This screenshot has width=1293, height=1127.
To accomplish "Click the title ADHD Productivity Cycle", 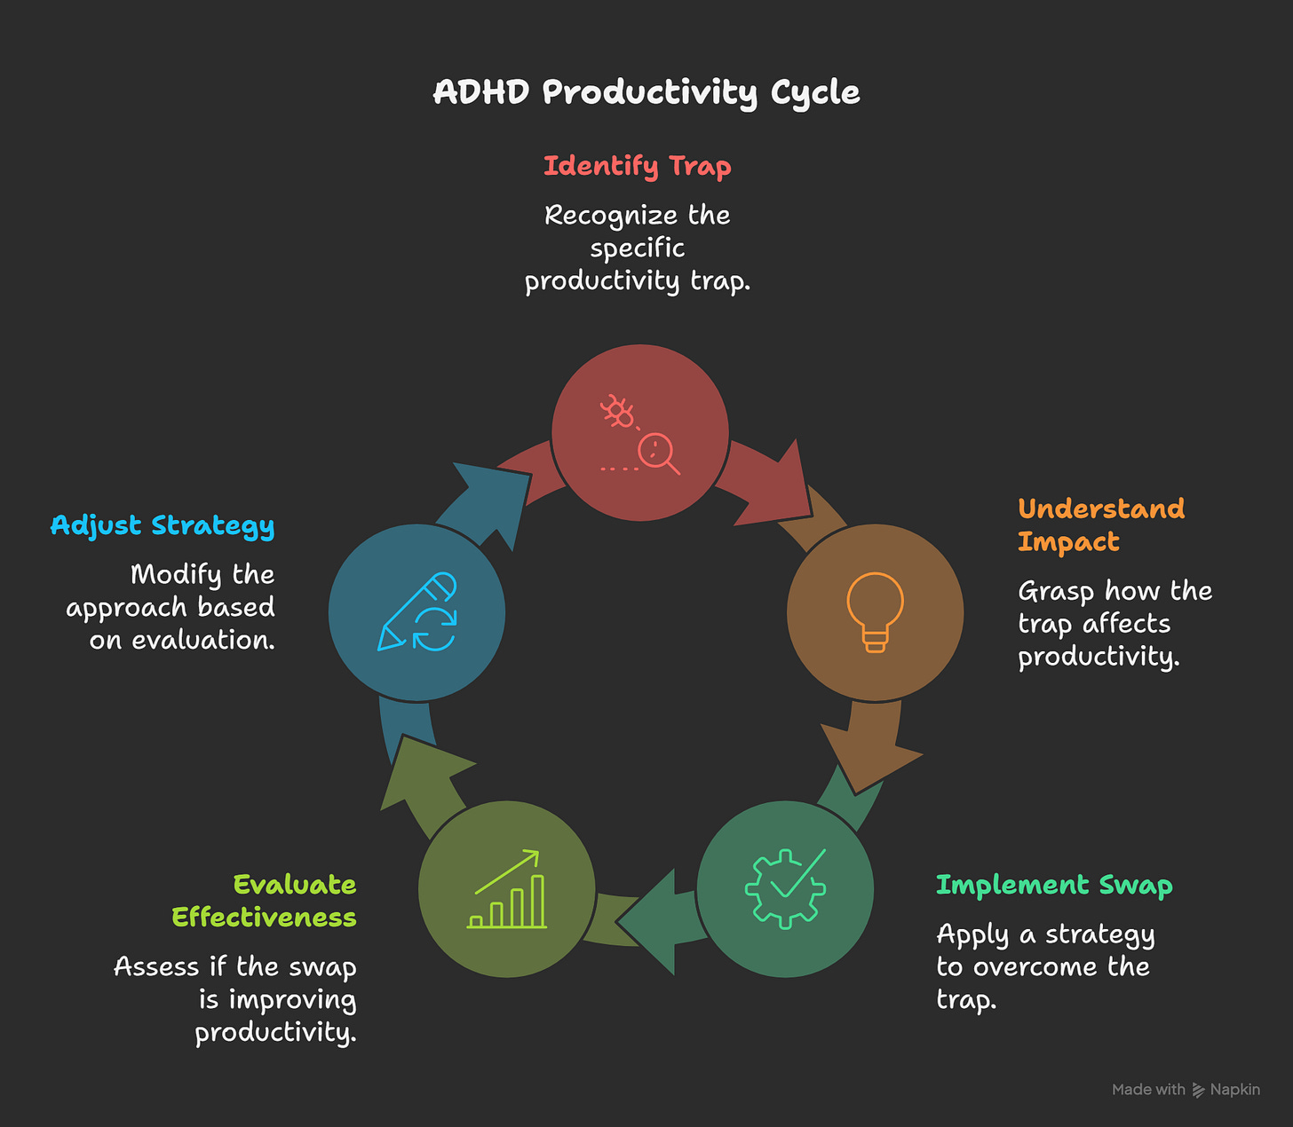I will click(x=646, y=92).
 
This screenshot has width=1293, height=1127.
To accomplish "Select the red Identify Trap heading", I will click(x=637, y=166).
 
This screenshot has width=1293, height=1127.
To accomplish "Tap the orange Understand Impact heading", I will click(x=1100, y=524).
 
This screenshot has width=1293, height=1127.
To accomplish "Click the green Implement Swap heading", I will click(x=1054, y=885).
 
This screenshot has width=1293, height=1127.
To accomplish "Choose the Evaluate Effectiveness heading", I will click(x=264, y=901).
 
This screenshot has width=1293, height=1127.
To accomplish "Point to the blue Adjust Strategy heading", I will click(x=163, y=525).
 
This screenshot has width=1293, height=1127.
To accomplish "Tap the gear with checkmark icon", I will click(x=786, y=888).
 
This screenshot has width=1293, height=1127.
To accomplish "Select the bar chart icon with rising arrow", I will click(x=507, y=889).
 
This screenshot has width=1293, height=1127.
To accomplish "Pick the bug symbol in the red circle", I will click(x=617, y=412).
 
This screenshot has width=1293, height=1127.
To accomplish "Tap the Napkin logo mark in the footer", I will click(x=1198, y=1090).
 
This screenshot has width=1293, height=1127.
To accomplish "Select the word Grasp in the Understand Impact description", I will click(x=1056, y=591).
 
